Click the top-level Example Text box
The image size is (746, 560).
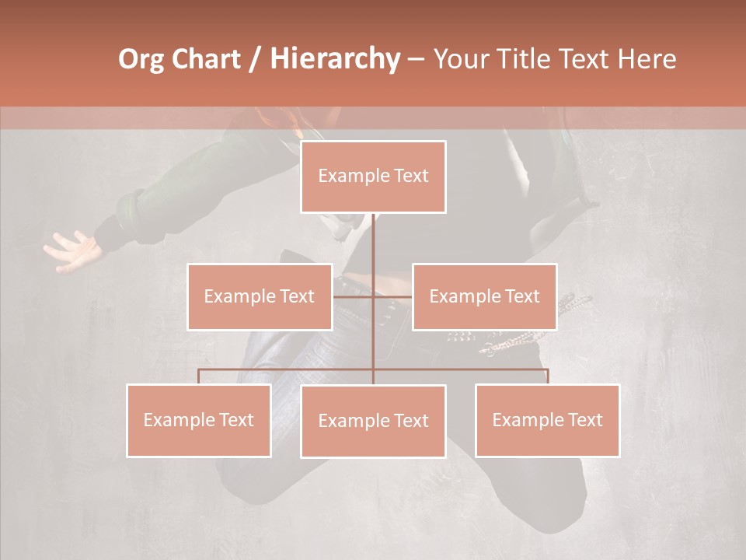tap(373, 177)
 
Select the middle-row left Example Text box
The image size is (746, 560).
tap(260, 296)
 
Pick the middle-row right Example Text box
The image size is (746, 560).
tap(484, 296)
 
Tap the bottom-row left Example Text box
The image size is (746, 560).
tap(198, 420)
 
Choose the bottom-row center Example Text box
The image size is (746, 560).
tap(373, 421)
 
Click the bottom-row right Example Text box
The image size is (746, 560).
tap(547, 420)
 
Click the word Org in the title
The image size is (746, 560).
tap(141, 59)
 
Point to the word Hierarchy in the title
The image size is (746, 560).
tap(334, 59)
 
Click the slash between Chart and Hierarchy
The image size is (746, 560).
tap(255, 59)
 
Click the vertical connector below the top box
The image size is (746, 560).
tap(374, 241)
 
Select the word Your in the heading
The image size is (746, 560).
tap(461, 59)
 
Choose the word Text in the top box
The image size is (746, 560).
tap(410, 177)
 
